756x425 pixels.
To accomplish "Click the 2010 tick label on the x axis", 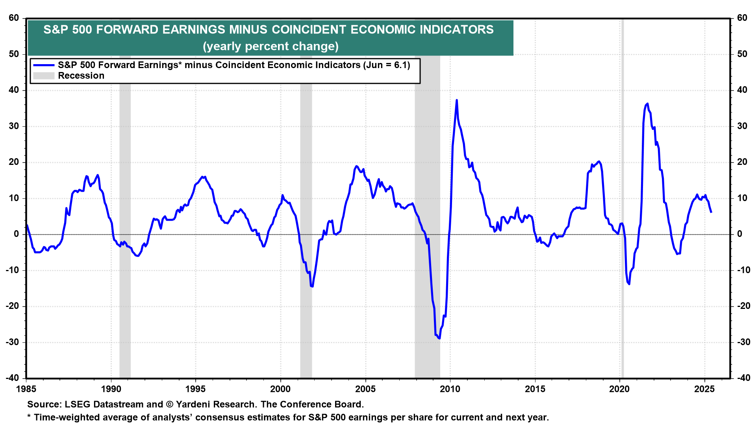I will point(450,389).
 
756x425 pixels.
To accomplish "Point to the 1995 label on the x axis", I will point(196,389).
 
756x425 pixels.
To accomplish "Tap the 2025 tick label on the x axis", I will point(704,389).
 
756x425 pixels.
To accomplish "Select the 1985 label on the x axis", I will point(26,389).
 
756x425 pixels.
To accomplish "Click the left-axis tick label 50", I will point(14,54).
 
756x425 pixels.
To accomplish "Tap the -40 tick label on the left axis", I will point(13,378).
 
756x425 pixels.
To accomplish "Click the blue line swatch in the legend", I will point(44,65).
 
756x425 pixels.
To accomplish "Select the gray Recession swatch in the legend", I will point(44,76).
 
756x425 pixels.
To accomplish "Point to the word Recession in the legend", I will point(81,76).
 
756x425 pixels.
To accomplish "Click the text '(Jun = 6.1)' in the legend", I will point(387,65).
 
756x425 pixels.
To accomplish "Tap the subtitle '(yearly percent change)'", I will point(271,46).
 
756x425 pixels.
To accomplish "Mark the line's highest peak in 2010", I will point(457,100).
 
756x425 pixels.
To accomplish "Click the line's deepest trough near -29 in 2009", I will point(439,338).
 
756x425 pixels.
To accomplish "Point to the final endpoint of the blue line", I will point(711,212).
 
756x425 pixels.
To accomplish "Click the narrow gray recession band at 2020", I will point(622,197).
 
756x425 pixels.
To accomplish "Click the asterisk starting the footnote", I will point(29,416).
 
